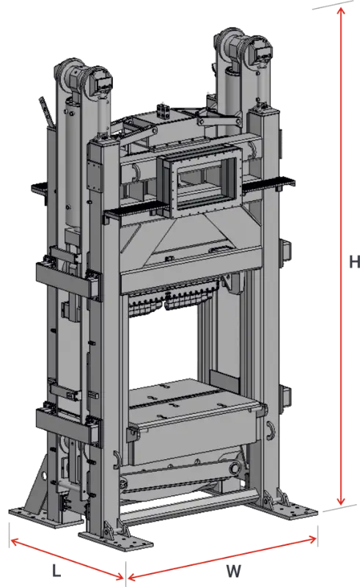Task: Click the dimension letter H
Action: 352,260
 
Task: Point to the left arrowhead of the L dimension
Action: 12,542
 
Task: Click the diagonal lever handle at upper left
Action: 46,114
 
